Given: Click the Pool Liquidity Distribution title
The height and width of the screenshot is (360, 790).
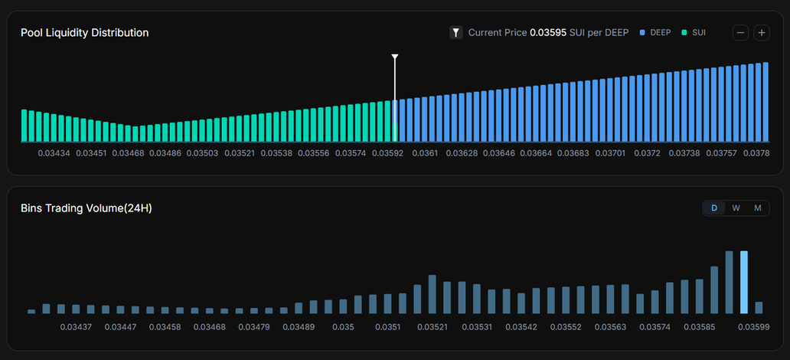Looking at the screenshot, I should coord(84,33).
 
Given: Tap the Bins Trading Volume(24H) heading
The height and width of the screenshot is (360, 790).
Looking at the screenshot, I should coord(87,208).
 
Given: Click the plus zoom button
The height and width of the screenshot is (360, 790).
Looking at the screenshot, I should coord(762,33).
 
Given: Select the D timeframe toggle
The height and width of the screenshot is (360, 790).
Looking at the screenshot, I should coord(714,208).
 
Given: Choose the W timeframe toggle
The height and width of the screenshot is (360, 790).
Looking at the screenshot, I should coord(736,208).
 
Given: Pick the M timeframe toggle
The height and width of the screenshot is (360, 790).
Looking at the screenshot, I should coord(758,208).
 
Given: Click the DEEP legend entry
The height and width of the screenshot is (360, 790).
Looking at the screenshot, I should coord(655,33).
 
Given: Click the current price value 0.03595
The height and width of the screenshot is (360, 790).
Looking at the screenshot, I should coord(548,33).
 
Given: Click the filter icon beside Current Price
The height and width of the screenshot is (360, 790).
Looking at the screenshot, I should coord(456,33).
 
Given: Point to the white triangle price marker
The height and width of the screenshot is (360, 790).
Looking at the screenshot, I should coord(395,57).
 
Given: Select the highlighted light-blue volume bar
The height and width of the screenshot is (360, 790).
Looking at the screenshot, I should coord(743,282).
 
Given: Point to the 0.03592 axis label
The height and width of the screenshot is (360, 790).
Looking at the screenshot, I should coord(387,154).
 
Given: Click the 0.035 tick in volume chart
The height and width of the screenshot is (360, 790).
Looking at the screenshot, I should coord(343,327).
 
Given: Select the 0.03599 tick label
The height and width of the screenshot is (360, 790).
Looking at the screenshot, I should coord(753,327).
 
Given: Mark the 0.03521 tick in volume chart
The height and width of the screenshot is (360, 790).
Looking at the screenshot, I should coord(433,327).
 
